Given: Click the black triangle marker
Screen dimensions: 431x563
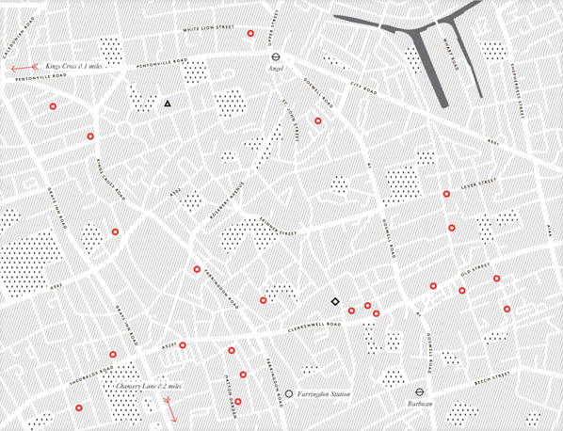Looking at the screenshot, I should coord(168,104).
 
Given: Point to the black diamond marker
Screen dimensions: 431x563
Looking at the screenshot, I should coord(333,302).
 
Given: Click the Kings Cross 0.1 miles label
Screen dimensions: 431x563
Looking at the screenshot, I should coord(75,67).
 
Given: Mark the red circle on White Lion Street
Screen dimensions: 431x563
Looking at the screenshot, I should coord(250,34).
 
